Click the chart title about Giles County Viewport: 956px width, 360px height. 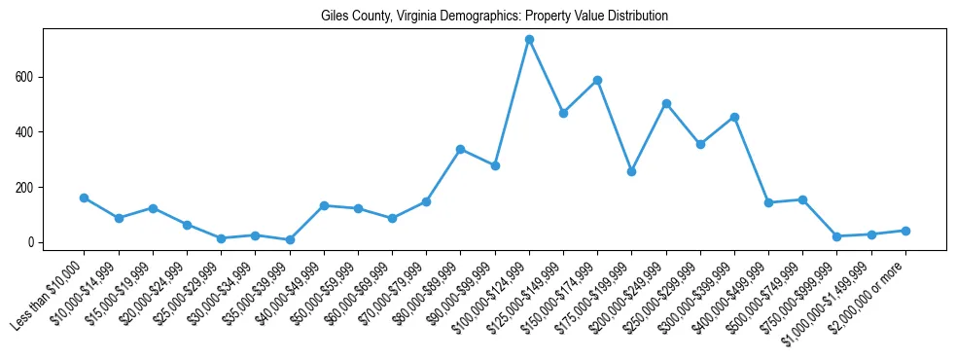coord(494,17)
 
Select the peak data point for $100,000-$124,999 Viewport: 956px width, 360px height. coord(529,40)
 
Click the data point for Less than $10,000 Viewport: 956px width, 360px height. coord(85,198)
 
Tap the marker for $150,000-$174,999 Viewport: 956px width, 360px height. coord(597,80)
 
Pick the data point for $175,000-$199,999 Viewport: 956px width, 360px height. coord(631,171)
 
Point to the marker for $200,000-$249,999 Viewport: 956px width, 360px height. coord(666,103)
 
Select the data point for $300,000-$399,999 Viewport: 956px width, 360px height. coord(734,117)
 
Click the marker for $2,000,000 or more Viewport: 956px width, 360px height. coord(905,231)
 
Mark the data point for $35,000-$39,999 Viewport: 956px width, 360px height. coord(290,239)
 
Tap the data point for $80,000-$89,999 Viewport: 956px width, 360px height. coord(460,149)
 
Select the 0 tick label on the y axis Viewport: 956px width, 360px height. coord(33,242)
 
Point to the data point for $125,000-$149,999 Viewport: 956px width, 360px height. coord(563,113)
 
